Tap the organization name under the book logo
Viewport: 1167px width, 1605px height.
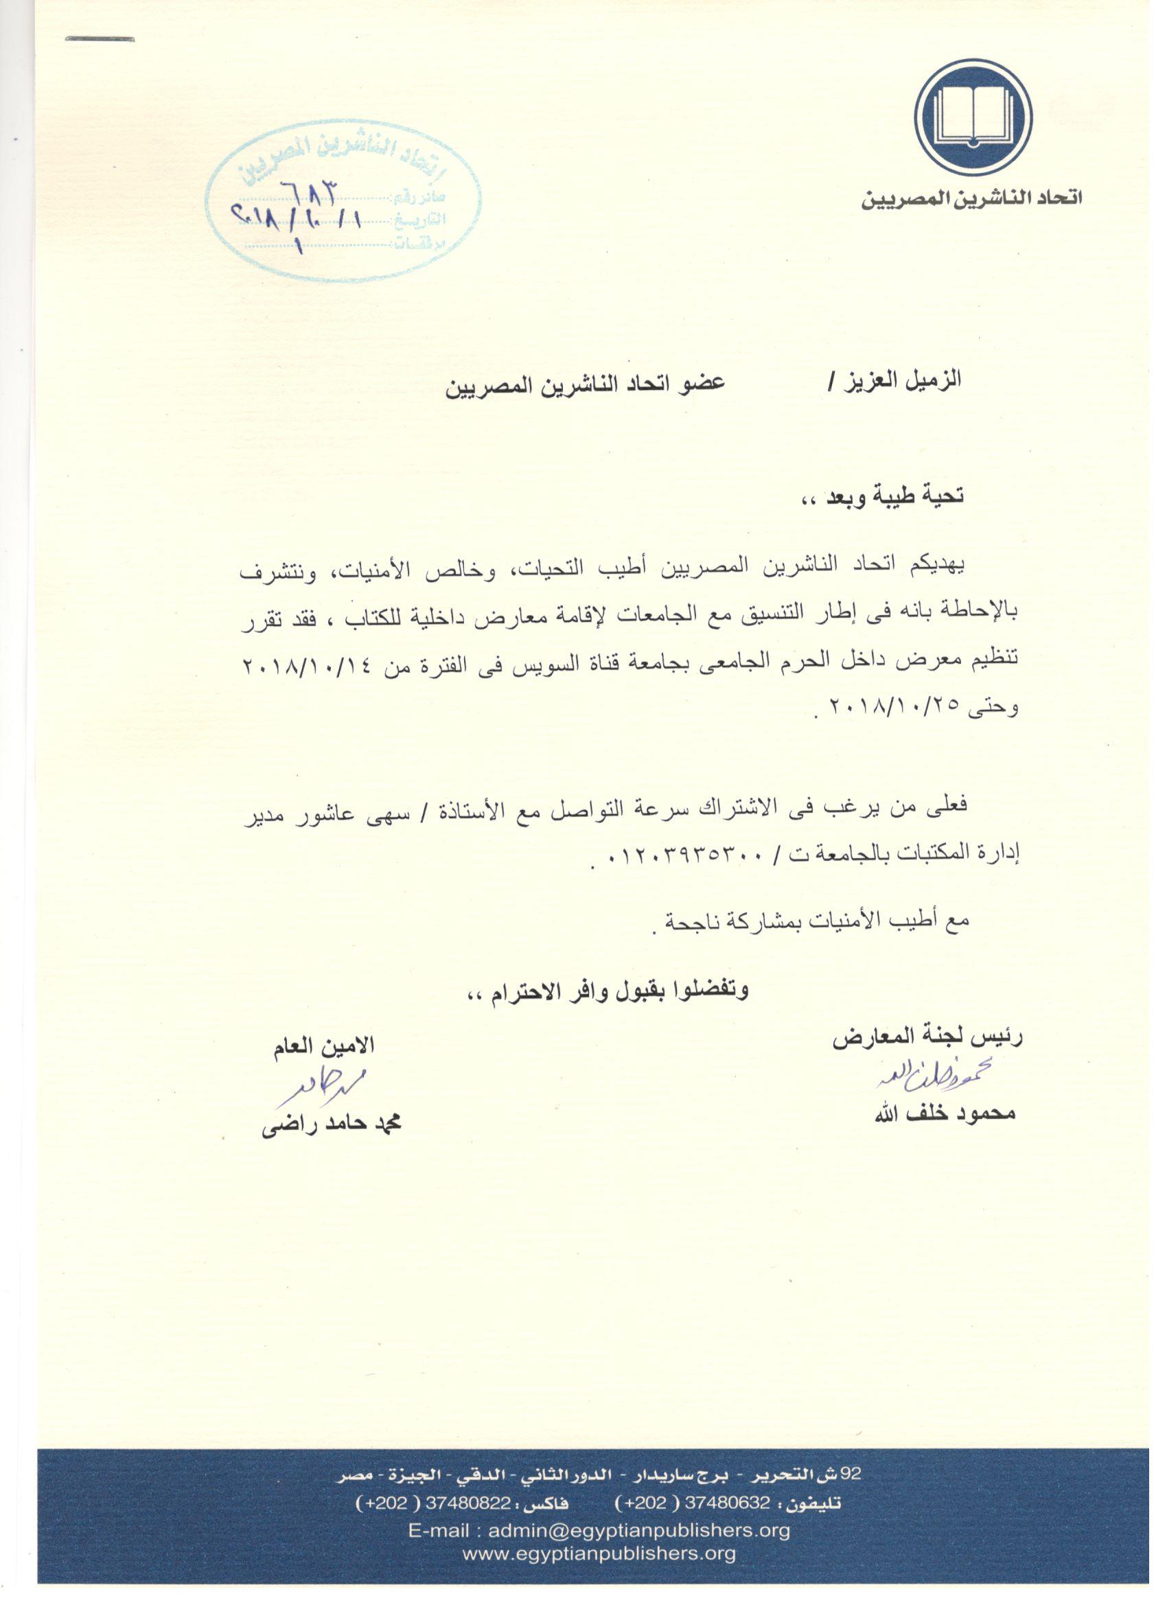[x=971, y=198]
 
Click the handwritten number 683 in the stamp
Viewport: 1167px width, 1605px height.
[x=310, y=190]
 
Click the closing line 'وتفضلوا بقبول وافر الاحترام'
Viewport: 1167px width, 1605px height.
[x=610, y=989]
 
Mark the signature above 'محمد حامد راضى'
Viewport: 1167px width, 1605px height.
[x=320, y=1085]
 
